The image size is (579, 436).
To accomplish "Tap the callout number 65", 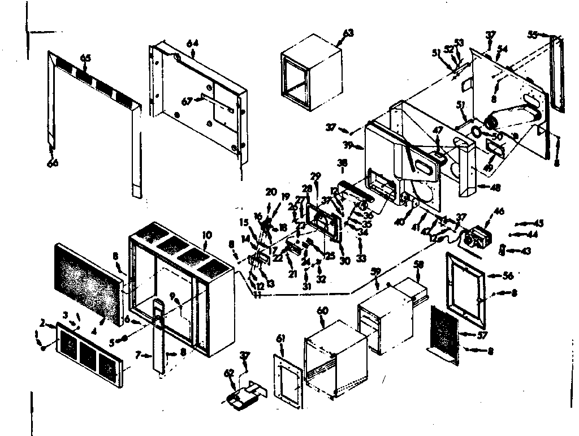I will tap(85, 58).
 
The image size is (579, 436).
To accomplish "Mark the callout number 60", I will tap(322, 310).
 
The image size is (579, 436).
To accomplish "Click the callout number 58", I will tap(418, 265).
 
